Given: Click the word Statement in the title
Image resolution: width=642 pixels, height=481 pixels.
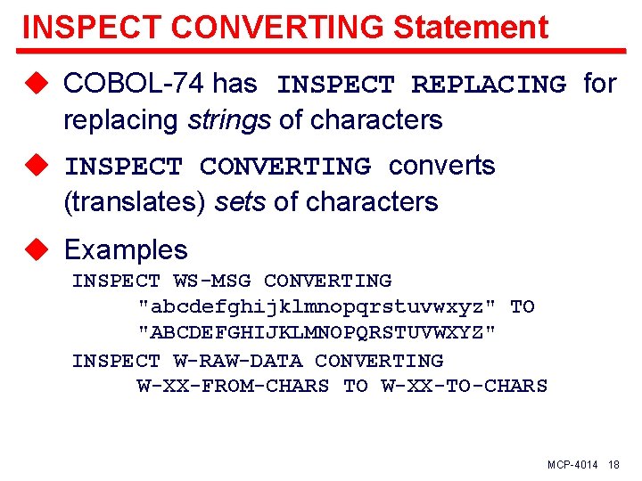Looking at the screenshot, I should point(470,27).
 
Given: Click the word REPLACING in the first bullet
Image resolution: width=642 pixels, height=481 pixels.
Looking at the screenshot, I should point(488,86).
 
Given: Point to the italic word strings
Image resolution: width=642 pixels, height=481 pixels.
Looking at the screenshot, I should point(229,120).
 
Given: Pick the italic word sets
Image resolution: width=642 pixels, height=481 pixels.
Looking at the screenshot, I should point(242,202).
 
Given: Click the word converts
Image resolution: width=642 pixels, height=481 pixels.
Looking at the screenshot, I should point(441,166).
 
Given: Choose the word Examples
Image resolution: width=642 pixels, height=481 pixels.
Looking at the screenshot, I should point(126,249).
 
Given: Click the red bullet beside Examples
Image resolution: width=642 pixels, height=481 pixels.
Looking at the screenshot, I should point(36,249).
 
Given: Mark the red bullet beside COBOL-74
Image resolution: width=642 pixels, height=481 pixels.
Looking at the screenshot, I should point(36,84).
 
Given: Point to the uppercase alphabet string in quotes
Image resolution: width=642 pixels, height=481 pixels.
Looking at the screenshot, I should point(317,333).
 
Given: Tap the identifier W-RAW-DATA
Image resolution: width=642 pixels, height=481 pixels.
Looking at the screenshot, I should point(238,361).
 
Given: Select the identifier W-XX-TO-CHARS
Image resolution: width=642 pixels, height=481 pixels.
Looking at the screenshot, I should point(464,386).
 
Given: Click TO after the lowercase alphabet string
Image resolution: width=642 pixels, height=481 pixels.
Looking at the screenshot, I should point(522,307).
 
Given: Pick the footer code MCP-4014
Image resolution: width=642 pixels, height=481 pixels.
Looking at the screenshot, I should point(572,465).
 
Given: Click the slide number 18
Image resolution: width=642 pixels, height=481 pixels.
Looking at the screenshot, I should point(613,465).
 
